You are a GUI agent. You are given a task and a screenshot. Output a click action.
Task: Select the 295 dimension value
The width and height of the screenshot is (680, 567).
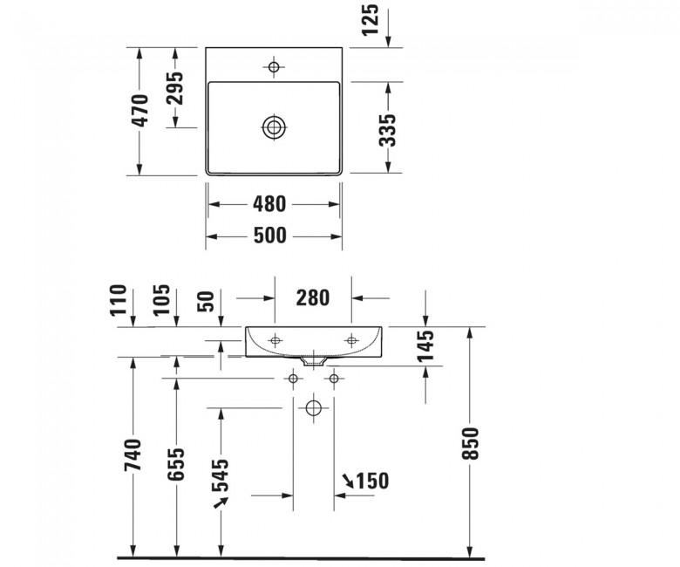point(175,88)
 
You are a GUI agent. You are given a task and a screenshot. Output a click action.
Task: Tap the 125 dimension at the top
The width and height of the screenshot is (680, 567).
point(370,20)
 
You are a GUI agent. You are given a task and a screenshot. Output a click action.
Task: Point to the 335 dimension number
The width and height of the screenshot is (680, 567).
point(387,130)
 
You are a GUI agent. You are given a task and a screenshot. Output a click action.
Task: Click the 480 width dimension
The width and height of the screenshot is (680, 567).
point(269,204)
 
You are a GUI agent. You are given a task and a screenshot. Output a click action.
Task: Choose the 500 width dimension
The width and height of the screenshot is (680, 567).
point(269,236)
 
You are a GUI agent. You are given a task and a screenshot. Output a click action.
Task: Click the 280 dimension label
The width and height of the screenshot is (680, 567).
point(313,298)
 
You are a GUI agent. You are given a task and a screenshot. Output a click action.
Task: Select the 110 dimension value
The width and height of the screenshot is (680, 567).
point(119,300)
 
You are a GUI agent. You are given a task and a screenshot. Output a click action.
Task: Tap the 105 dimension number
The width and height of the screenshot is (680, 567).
point(161,300)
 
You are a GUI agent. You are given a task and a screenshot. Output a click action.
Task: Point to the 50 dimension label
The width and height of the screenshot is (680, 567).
point(206,302)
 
